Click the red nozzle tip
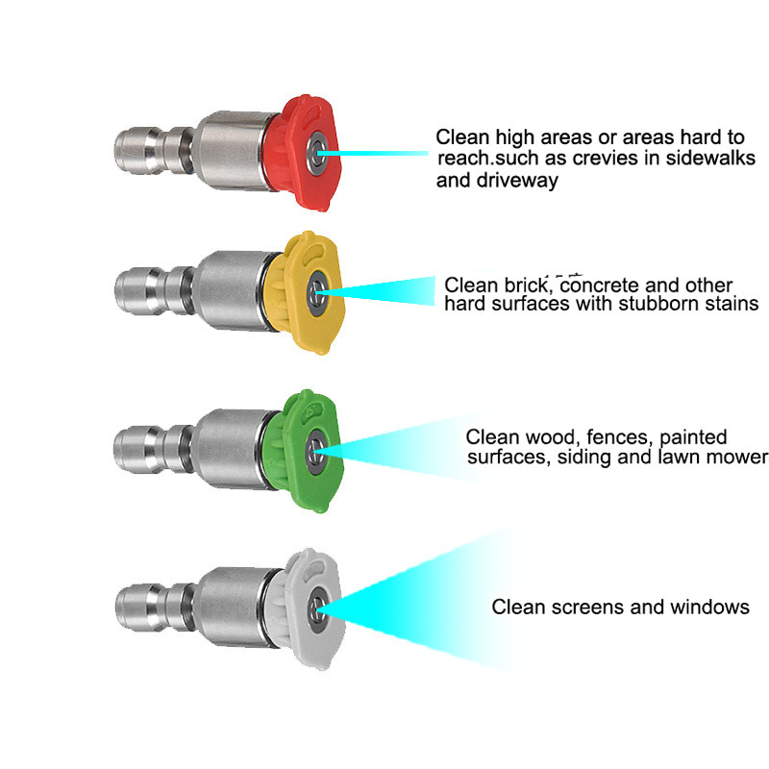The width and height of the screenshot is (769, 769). coord(301,153)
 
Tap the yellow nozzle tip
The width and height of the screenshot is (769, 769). coord(304,292)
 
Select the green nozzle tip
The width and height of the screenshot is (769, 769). coord(302,451)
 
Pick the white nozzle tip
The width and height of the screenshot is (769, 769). coord(305,608)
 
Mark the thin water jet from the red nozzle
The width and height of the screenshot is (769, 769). coord(373,154)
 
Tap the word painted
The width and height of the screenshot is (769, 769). coord(693,437)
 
